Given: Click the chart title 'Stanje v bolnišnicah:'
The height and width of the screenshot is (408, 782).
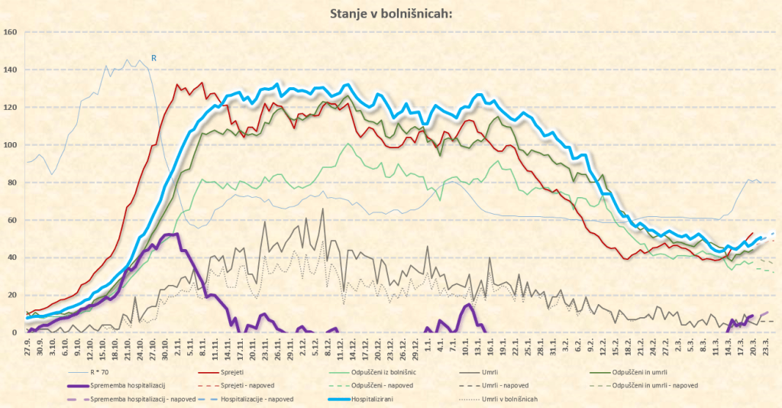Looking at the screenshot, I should click(390, 13).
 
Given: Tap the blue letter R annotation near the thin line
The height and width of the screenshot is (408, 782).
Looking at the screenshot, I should click(153, 57).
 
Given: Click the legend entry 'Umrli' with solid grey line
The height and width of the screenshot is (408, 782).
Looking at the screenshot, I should click(509, 371).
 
